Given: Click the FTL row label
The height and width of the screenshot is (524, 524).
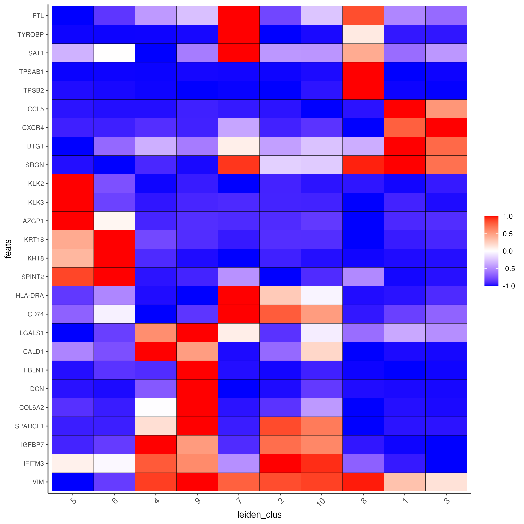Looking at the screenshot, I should tap(38, 16).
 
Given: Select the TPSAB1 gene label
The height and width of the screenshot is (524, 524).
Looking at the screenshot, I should tap(31, 72).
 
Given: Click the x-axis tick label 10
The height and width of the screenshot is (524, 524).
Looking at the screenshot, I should tap(321, 501).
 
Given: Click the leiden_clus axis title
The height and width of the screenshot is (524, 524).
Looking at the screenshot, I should tap(259, 514).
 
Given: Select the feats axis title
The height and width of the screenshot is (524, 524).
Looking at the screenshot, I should tap(8, 249).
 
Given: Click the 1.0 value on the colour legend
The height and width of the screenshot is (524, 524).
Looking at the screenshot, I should tap(508, 216).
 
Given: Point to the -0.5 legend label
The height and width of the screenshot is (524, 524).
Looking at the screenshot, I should tap(508, 269).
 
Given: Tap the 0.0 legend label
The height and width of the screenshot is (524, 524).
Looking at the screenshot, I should tap(508, 251).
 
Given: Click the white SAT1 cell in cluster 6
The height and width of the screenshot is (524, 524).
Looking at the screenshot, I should tap(114, 53).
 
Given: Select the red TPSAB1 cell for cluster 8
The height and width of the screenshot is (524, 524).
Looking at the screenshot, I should tap(363, 72).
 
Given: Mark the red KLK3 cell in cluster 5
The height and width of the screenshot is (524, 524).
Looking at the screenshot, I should tap(73, 202).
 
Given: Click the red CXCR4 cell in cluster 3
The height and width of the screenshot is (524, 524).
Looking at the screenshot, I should tap(446, 128).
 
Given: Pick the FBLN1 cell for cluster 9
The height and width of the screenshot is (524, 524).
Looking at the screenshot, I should tap(197, 370).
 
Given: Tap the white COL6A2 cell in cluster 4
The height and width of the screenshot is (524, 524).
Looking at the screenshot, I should tap(156, 407).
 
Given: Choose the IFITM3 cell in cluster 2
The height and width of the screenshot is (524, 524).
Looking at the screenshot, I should tap(280, 463).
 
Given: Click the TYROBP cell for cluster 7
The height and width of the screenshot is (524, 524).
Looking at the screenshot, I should tap(239, 34).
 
